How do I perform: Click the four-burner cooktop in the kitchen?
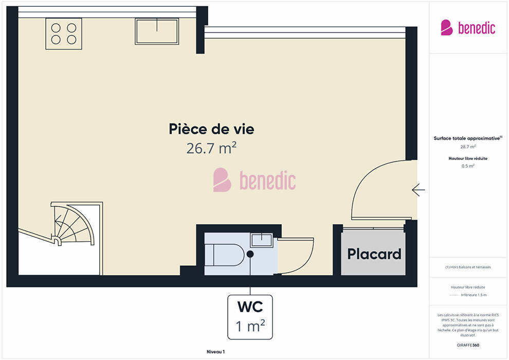click(64, 34)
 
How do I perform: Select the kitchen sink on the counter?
click(157, 31)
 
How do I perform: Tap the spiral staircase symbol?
click(72, 224)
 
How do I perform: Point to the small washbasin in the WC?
click(261, 240)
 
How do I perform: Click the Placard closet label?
click(374, 254)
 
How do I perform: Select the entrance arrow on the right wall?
click(418, 190)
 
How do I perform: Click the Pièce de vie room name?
click(211, 129)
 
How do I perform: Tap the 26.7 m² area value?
click(211, 148)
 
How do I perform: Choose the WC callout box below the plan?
click(250, 317)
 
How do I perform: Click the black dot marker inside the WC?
click(250, 254)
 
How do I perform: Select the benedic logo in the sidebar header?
click(468, 28)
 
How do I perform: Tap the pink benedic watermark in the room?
click(254, 180)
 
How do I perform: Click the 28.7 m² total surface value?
click(468, 147)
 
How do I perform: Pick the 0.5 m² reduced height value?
click(468, 166)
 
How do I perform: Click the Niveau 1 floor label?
click(215, 352)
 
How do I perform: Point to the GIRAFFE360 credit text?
click(468, 345)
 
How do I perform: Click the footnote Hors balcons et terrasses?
click(468, 267)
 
